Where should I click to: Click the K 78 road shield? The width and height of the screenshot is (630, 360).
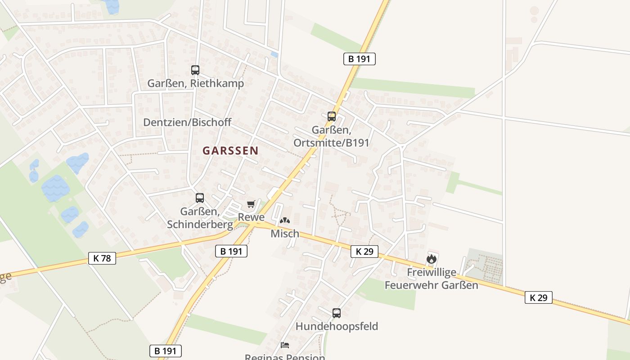click(x=102, y=258)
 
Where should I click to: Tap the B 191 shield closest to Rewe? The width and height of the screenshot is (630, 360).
click(x=231, y=251)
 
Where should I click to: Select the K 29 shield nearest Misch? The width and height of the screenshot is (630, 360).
click(x=364, y=251)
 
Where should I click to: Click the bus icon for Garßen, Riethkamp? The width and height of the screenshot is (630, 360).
click(x=195, y=70)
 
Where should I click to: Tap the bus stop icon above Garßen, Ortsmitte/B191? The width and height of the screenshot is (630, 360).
click(x=332, y=117)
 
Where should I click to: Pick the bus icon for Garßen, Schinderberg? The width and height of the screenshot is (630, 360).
click(x=199, y=198)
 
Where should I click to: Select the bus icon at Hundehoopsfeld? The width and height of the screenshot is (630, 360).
click(x=336, y=313)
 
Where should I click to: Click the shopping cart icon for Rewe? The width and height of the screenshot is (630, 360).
click(x=251, y=204)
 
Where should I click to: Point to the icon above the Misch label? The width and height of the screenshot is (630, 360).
click(x=285, y=220)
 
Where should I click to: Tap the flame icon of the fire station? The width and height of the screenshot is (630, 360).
click(x=431, y=259)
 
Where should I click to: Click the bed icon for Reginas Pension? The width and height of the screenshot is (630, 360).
click(x=285, y=345)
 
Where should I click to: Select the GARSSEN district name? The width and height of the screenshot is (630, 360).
click(x=230, y=151)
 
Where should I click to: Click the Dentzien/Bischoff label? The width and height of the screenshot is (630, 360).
click(x=187, y=122)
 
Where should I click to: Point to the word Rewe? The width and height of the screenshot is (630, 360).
click(x=251, y=217)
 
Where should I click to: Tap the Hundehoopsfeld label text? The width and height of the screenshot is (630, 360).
click(x=337, y=326)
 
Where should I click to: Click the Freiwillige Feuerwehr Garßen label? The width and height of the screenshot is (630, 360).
click(x=431, y=279)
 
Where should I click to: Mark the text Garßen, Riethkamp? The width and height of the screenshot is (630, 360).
click(x=196, y=84)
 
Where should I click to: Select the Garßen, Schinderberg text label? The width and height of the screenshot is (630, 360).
click(x=200, y=218)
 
